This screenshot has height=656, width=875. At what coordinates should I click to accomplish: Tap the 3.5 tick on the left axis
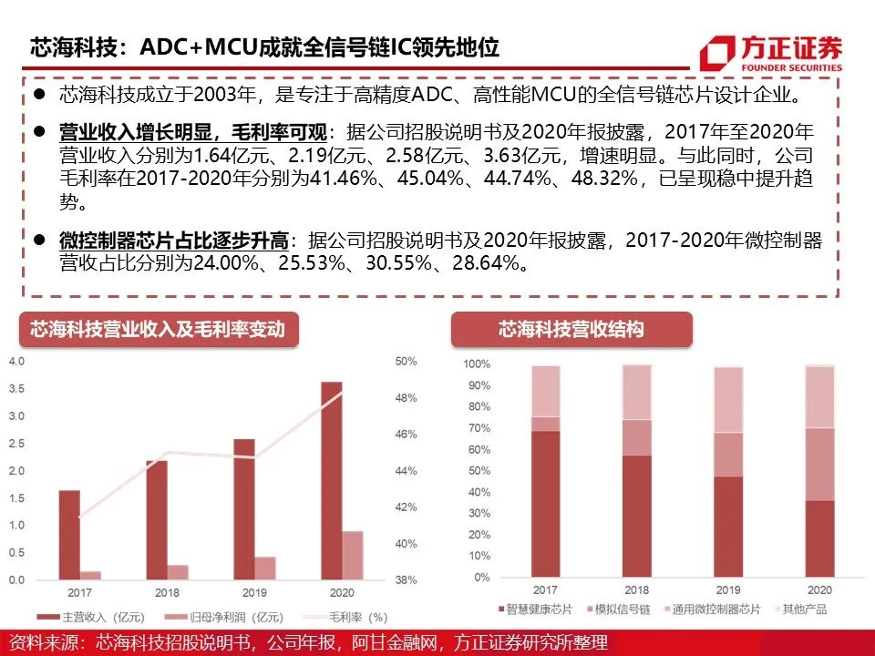[x=15, y=389]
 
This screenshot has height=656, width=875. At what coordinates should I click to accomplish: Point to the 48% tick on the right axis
[x=406, y=398]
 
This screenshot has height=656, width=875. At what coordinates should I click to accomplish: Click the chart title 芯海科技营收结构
[x=571, y=329]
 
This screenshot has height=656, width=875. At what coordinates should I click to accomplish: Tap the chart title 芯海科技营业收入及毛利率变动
[x=158, y=329]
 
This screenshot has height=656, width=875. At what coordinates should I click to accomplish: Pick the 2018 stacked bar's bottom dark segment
[x=637, y=516]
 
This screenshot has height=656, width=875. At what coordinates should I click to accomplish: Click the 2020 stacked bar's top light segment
[x=820, y=397]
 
